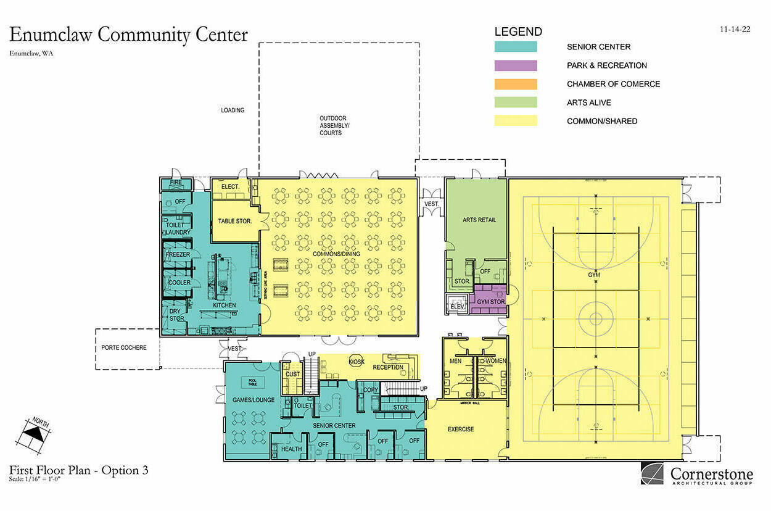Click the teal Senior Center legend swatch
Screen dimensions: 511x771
coord(516,47)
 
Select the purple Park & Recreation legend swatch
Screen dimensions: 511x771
coord(516,65)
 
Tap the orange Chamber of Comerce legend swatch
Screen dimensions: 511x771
coord(516,84)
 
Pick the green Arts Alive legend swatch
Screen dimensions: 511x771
coord(516,102)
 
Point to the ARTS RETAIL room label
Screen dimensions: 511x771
coord(479,220)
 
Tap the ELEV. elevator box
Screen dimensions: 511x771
coord(457,304)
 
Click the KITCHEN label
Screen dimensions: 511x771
coord(225,305)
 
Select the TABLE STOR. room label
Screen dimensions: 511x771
coord(235,220)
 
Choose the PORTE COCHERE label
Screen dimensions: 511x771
coord(124,347)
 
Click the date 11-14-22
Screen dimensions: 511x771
coord(735,29)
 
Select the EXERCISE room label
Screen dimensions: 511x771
coord(461,429)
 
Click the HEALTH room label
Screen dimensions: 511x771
coord(292,449)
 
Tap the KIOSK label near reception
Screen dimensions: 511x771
coord(357,361)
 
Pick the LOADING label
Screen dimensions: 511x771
coord(233,110)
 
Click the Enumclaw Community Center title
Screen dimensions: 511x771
coord(128,35)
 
